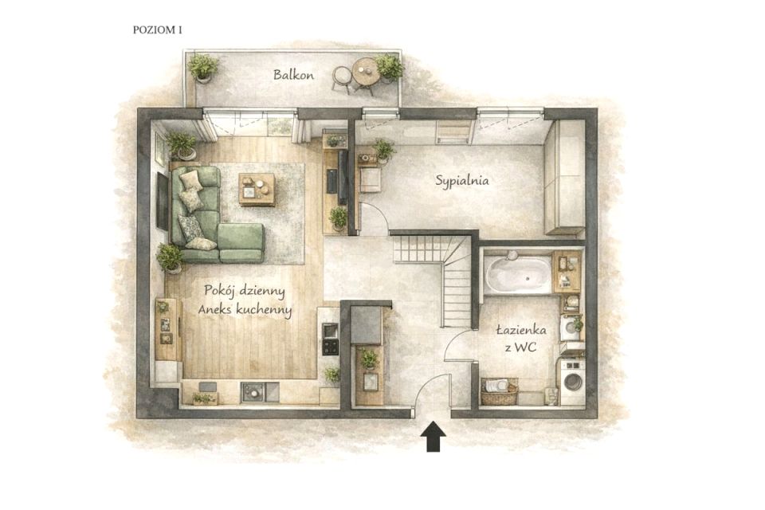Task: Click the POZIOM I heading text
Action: click(158, 29)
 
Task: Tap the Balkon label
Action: click(293, 75)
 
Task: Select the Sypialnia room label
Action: click(462, 181)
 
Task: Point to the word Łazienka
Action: click(521, 330)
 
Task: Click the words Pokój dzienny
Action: click(245, 290)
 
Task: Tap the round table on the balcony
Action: click(365, 71)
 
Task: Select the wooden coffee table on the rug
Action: click(257, 190)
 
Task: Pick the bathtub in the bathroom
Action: click(518, 274)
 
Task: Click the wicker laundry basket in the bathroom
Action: click(499, 391)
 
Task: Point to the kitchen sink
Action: click(253, 392)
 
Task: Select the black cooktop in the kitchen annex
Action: click(330, 347)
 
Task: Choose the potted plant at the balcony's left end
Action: click(203, 68)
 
